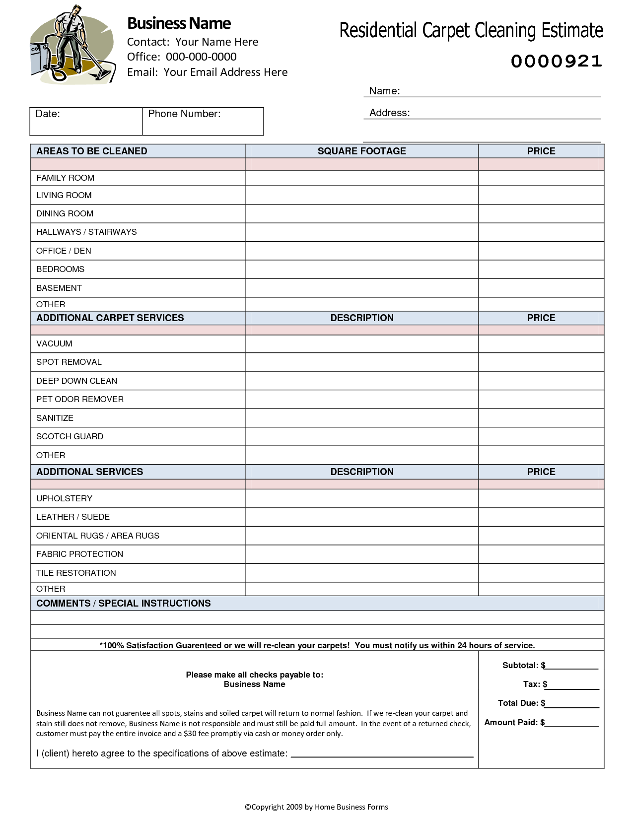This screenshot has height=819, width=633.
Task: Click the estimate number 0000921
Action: click(x=557, y=62)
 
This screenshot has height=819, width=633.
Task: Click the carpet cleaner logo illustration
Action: click(x=72, y=45)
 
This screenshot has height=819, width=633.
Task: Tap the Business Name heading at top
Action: click(x=179, y=23)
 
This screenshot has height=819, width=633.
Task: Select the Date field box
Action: click(x=86, y=122)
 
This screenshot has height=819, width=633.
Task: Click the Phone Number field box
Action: click(x=203, y=122)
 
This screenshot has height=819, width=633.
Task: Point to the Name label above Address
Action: click(x=384, y=91)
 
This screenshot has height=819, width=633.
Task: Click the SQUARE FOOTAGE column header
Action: click(x=361, y=151)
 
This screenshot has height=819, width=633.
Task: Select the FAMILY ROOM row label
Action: click(x=65, y=178)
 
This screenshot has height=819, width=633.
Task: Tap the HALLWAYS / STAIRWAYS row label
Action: click(x=86, y=232)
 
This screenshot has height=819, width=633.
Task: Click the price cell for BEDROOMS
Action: click(x=541, y=270)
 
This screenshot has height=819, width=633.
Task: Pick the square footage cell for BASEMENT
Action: click(x=362, y=288)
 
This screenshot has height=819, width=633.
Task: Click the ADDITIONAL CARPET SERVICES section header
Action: click(x=110, y=318)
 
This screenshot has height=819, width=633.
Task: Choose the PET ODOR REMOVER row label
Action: click(x=80, y=399)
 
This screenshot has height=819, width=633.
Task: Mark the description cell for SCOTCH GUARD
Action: click(x=362, y=437)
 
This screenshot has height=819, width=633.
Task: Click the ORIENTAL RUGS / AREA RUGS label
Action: click(x=98, y=536)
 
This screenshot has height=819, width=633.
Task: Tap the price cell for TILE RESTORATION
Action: click(x=541, y=573)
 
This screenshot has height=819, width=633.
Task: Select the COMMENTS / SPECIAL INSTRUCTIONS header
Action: click(x=124, y=604)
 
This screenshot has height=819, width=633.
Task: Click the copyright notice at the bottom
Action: click(x=316, y=807)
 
